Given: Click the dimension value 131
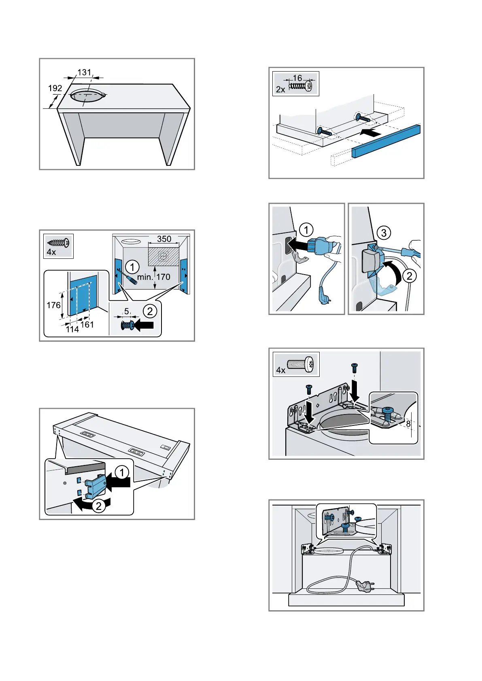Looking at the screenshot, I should (x=84, y=72).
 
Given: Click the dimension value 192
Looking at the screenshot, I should (x=55, y=88).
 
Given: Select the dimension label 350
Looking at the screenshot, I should (x=164, y=239).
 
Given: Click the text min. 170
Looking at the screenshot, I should (x=154, y=277).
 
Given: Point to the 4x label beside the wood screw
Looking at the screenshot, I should (x=51, y=252).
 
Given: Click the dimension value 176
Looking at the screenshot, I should (x=53, y=305).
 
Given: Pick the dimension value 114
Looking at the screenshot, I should (x=72, y=329).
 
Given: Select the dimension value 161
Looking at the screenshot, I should (x=87, y=324).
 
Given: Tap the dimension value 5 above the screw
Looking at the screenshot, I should (x=127, y=311).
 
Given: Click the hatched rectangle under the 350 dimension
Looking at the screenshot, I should (x=163, y=256).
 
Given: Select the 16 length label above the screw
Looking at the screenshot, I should (x=297, y=78).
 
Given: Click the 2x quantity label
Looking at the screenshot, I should (x=280, y=89).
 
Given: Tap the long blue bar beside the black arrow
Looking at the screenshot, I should (x=386, y=141).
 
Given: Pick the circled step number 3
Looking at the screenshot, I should (x=384, y=233).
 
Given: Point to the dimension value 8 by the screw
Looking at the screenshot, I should (x=408, y=424).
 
